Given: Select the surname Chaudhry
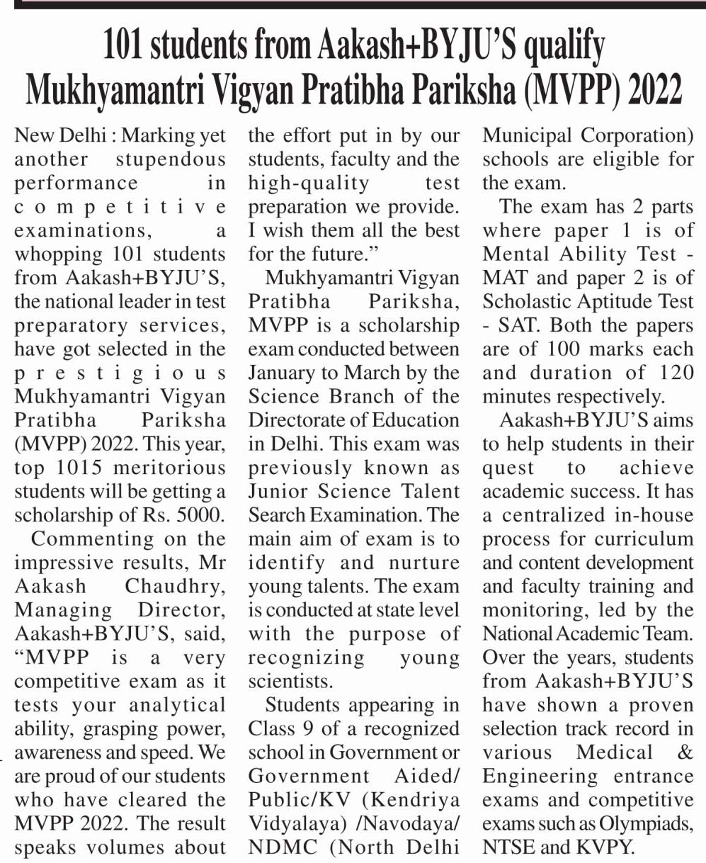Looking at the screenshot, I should point(175,587).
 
